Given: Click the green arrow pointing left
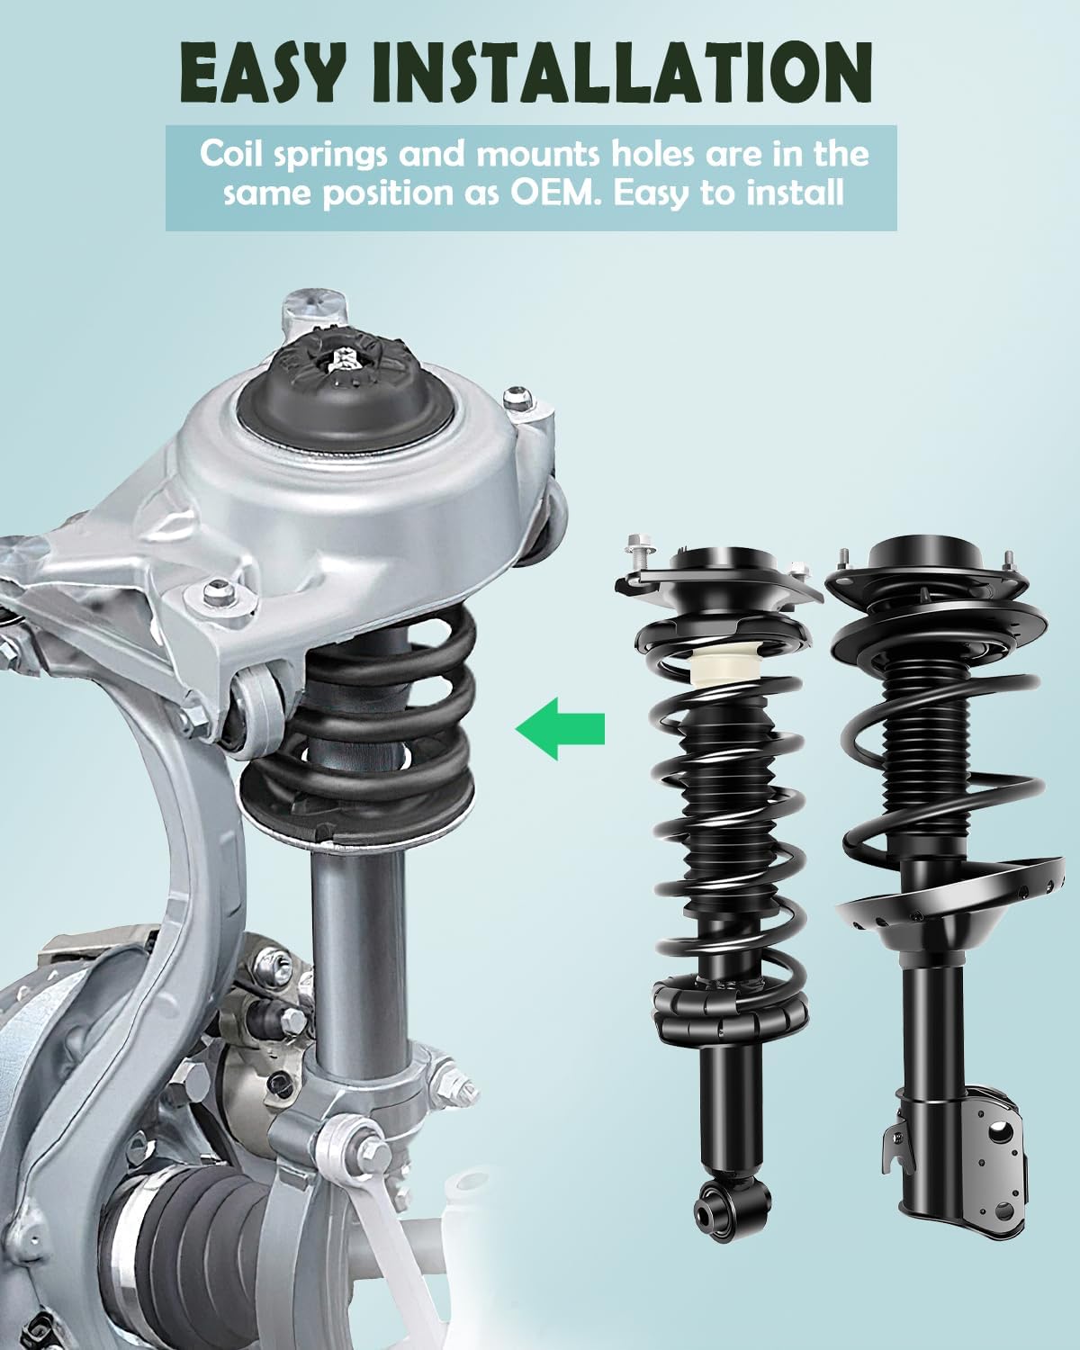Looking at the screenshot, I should (560, 726).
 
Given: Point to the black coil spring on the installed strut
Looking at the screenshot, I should (360, 720).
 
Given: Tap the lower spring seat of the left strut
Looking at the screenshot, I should (724, 1008).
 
